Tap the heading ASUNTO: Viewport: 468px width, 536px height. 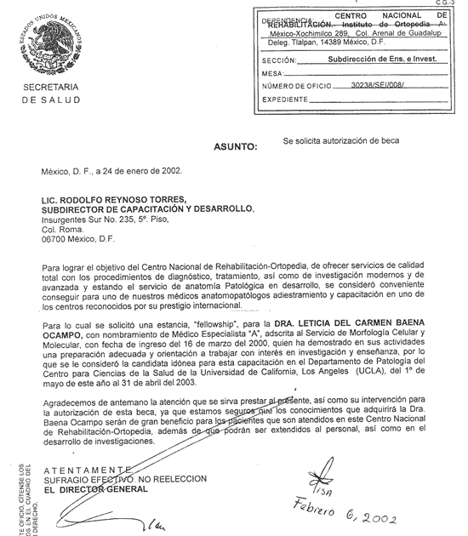(235, 147)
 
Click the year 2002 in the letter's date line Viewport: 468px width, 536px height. (167, 169)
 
